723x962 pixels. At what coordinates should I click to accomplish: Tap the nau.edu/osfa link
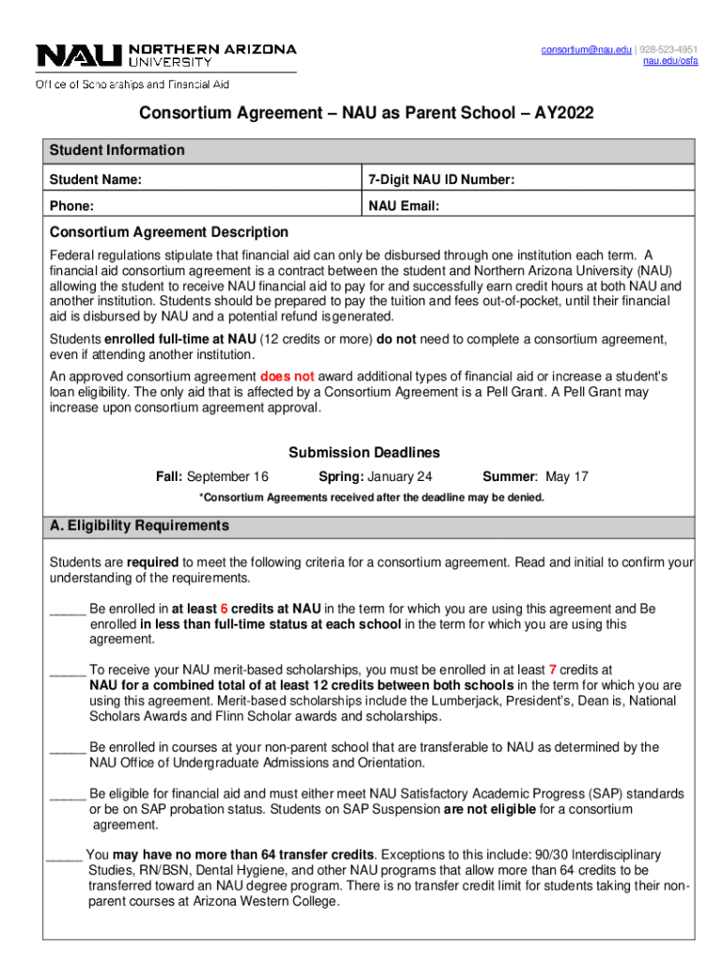(x=669, y=62)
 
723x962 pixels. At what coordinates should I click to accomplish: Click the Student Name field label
(x=96, y=179)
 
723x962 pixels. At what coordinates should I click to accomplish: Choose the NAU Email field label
(x=405, y=206)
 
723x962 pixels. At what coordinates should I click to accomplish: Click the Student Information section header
(x=117, y=150)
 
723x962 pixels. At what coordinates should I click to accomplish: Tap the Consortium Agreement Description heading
(x=169, y=232)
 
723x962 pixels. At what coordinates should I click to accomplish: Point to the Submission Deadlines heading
(x=364, y=452)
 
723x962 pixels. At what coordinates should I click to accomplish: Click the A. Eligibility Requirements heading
(x=139, y=525)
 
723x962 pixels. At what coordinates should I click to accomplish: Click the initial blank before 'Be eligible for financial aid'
(x=68, y=795)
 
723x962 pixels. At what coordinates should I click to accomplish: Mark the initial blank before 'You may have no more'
(x=64, y=856)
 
